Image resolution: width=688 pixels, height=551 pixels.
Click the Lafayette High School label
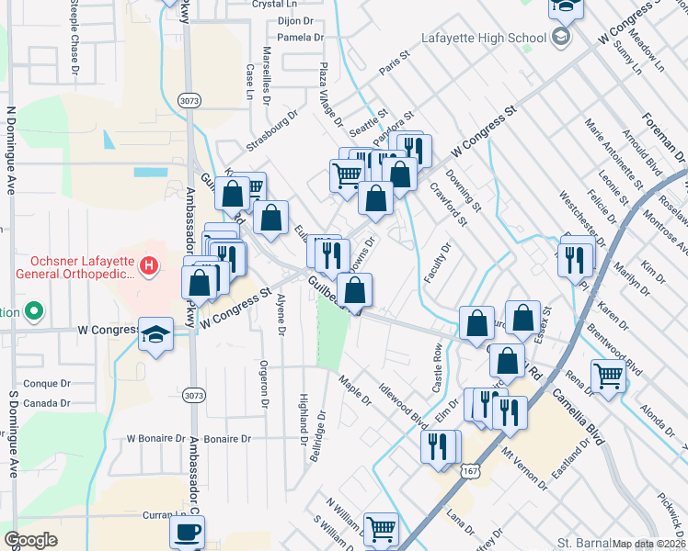point(484,38)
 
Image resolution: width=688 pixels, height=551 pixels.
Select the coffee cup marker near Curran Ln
point(188,532)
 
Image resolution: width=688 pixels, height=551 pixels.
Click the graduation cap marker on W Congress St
point(156,334)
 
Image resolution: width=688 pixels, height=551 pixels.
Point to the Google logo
point(30,540)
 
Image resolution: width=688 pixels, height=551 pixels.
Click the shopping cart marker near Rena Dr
point(609,376)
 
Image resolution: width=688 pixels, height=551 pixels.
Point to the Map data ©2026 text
point(649,544)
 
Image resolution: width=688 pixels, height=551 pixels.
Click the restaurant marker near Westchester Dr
point(571,260)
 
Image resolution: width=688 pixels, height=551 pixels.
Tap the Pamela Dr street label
point(301,38)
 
